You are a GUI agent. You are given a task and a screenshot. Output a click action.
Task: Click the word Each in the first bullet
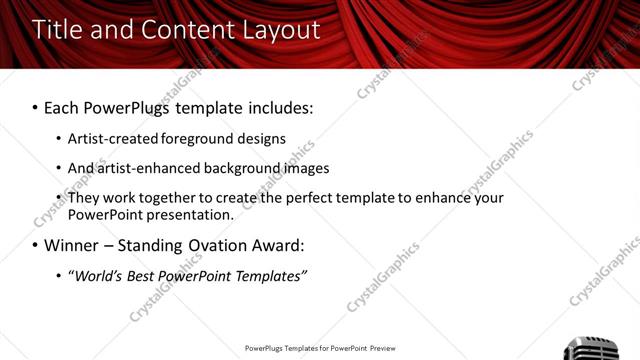coord(62,107)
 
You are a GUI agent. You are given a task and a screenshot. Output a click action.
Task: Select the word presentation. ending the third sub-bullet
coord(190,215)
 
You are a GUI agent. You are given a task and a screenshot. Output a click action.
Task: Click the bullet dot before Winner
coord(35,245)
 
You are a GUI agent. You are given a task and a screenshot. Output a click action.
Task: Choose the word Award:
coord(279,245)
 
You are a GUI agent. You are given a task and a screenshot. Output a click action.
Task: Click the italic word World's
coord(96,276)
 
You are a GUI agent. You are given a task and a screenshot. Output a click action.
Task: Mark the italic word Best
coord(140,276)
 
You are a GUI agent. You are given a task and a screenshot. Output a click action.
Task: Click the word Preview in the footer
coord(383,349)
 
